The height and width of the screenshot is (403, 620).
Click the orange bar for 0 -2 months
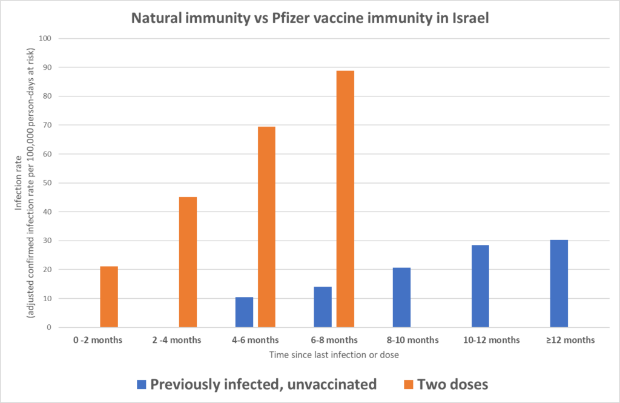tap(109, 297)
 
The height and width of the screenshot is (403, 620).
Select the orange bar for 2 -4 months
tap(188, 262)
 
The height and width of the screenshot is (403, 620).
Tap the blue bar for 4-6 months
tap(244, 312)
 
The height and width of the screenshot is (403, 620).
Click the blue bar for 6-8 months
tap(323, 307)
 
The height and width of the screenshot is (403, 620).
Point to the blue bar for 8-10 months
tap(401, 298)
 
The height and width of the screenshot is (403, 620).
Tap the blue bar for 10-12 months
tap(480, 286)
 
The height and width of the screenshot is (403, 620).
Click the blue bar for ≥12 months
tap(559, 284)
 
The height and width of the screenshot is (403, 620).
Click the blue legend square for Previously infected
tap(142, 384)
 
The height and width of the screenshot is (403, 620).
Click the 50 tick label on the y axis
tap(47, 183)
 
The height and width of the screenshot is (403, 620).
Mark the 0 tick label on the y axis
tap(48, 327)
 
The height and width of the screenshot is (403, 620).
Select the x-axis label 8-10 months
tap(412, 340)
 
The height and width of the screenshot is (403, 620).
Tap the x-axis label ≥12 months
tap(570, 340)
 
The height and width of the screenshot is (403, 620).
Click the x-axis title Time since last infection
tap(334, 355)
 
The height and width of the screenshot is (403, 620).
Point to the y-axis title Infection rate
tap(21, 182)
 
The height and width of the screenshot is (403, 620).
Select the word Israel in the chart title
tap(468, 18)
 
